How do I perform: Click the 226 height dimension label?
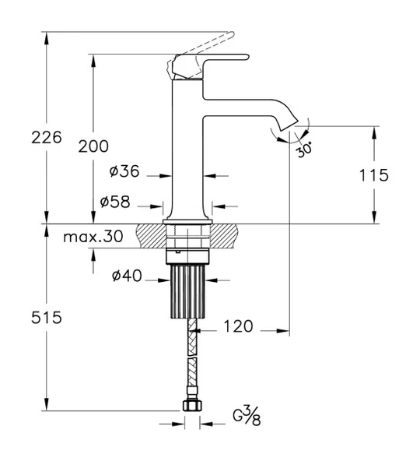pyautogui.click(x=47, y=137)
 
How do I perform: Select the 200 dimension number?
pyautogui.click(x=93, y=146)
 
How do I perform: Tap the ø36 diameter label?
pyautogui.click(x=124, y=171)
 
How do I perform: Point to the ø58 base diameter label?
pyautogui.click(x=115, y=202)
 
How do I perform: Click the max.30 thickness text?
pyautogui.click(x=93, y=237)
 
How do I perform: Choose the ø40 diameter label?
pyautogui.click(x=127, y=276)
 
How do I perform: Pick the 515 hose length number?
pyautogui.click(x=47, y=318)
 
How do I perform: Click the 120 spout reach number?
pyautogui.click(x=238, y=326)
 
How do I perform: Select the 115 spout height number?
pyautogui.click(x=374, y=175)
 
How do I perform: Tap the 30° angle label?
pyautogui.click(x=303, y=150)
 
